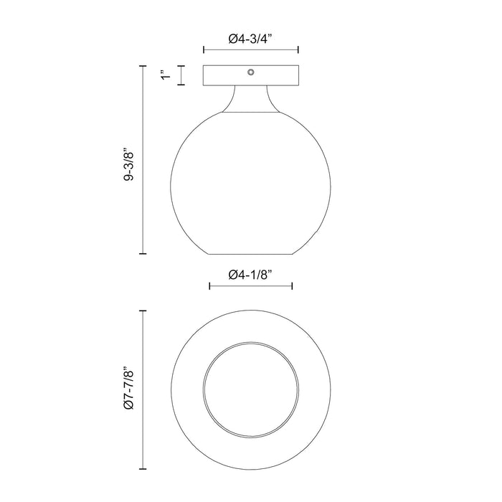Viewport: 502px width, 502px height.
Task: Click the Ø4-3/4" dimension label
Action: pyautogui.click(x=251, y=39)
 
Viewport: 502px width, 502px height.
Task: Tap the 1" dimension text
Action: pyautogui.click(x=164, y=75)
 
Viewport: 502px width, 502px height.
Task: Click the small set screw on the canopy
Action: pyautogui.click(x=251, y=72)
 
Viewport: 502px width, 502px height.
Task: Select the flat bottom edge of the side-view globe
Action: pyautogui.click(x=251, y=254)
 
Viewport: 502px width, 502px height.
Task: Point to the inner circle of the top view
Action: pyautogui.click(x=251, y=388)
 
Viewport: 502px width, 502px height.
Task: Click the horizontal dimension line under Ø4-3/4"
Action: pyautogui.click(x=251, y=50)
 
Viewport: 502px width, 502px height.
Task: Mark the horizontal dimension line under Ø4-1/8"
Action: pyautogui.click(x=250, y=286)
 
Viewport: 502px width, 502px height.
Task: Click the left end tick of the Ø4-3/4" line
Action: pyautogui.click(x=204, y=50)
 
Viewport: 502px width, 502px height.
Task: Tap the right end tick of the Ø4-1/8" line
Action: pyautogui.click(x=292, y=286)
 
